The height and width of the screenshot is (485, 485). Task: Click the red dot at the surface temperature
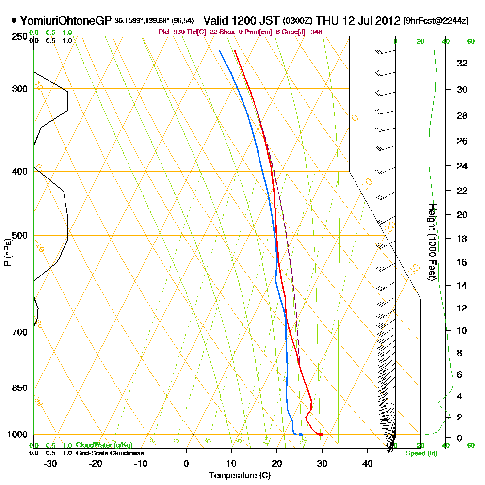click(321, 434)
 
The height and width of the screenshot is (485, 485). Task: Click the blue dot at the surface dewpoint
click(301, 434)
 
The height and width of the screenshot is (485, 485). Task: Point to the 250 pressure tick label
click(19, 37)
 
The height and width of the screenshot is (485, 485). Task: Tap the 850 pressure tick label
click(19, 388)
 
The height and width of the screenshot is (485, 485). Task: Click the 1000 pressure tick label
click(17, 435)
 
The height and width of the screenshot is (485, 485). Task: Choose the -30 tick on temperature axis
click(50, 463)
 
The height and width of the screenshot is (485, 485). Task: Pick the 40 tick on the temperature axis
click(367, 463)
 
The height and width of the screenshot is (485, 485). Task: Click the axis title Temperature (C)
click(240, 476)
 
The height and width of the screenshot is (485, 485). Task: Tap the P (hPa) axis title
click(7, 252)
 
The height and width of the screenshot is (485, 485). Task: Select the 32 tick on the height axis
click(462, 63)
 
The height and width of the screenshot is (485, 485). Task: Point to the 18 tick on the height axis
click(462, 239)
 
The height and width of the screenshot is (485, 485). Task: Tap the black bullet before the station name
click(14, 21)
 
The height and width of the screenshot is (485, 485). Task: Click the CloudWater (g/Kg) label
click(103, 445)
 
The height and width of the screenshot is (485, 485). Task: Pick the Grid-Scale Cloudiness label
click(109, 453)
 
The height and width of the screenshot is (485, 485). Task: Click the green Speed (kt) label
click(420, 453)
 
